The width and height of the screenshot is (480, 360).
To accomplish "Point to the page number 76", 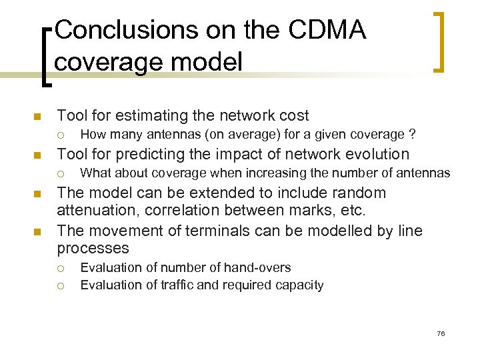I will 441,333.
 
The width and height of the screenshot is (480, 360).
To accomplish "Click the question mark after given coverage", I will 413,135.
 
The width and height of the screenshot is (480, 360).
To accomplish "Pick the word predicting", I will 145,154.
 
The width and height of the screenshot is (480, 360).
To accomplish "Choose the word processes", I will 93,249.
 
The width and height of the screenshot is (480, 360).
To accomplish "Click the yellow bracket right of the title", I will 439,41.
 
